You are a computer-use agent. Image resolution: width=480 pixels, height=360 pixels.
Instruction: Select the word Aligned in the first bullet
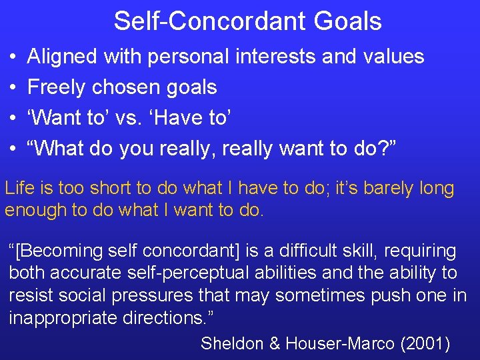click(61, 57)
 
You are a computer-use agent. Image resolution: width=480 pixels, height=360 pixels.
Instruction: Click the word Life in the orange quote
click(19, 188)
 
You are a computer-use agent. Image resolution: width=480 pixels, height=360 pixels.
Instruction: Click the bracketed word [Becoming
click(57, 251)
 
